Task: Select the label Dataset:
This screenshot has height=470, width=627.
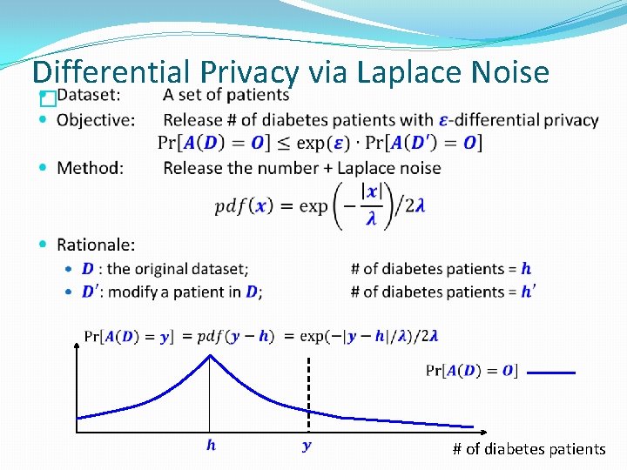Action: click(89, 95)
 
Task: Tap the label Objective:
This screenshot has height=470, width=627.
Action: click(96, 119)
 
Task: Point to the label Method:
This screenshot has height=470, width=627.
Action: click(90, 167)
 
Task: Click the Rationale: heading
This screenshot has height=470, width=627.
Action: click(96, 245)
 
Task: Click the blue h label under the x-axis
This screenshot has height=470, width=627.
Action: click(211, 446)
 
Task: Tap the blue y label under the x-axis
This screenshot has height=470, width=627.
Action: click(306, 446)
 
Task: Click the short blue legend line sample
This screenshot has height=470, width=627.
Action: click(550, 373)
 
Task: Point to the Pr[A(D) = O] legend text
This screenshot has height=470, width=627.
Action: click(471, 371)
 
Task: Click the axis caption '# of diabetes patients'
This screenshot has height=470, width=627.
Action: click(529, 449)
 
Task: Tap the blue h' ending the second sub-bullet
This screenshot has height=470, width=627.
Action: click(528, 292)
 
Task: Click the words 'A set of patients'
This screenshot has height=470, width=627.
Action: click(226, 95)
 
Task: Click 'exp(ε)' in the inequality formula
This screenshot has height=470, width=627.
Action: click(327, 142)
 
